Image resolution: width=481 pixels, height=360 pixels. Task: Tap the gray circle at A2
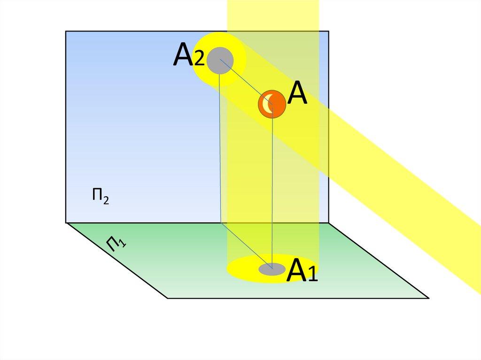pyautogui.click(x=220, y=60)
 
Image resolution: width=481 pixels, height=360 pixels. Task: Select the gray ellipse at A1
pyautogui.click(x=272, y=269)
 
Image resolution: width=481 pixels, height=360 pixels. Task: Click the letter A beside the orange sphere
pyautogui.click(x=297, y=94)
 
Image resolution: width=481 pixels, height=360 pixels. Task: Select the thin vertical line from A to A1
pyautogui.click(x=272, y=188)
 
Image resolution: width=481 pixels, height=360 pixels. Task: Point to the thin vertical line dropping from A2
pyautogui.click(x=220, y=150)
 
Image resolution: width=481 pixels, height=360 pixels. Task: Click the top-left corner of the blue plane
pyautogui.click(x=66, y=31)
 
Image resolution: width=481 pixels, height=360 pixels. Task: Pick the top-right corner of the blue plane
pyautogui.click(x=328, y=31)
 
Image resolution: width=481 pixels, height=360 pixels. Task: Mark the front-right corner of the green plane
pyautogui.click(x=428, y=298)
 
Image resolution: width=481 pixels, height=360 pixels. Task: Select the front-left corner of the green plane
pyautogui.click(x=168, y=298)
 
